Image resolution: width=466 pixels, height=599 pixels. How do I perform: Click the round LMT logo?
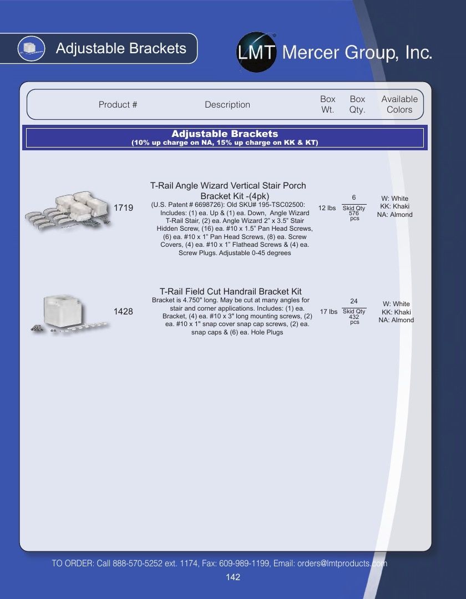pos(257,52)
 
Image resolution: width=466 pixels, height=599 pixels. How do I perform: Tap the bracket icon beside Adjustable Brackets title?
pos(31,48)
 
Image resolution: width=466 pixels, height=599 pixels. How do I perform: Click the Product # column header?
pos(118,105)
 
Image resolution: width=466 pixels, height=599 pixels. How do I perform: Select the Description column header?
pos(227,105)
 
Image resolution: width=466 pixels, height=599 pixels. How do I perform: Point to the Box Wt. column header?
pos(328,104)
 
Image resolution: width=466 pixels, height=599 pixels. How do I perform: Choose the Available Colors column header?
pos(399,104)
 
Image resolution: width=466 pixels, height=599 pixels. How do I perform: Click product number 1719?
pos(123,208)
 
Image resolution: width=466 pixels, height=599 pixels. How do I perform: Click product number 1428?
pos(123,311)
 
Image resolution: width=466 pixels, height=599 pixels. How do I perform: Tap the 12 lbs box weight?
pos(327,208)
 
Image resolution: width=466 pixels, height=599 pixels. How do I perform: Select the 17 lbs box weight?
pos(328,312)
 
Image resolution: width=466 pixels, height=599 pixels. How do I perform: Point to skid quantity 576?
pos(354,213)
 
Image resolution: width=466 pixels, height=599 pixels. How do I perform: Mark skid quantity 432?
pos(354,317)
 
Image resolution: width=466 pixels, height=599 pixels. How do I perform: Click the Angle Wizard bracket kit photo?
pos(68,211)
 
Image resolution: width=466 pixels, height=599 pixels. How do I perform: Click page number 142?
pos(233,577)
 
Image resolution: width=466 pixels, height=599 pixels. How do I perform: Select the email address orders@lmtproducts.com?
pos(342,564)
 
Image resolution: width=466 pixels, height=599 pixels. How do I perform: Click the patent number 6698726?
pos(207,205)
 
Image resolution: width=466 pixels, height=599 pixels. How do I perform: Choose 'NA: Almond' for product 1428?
pos(396,320)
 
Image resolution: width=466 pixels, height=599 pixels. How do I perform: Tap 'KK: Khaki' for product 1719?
pos(394,206)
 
